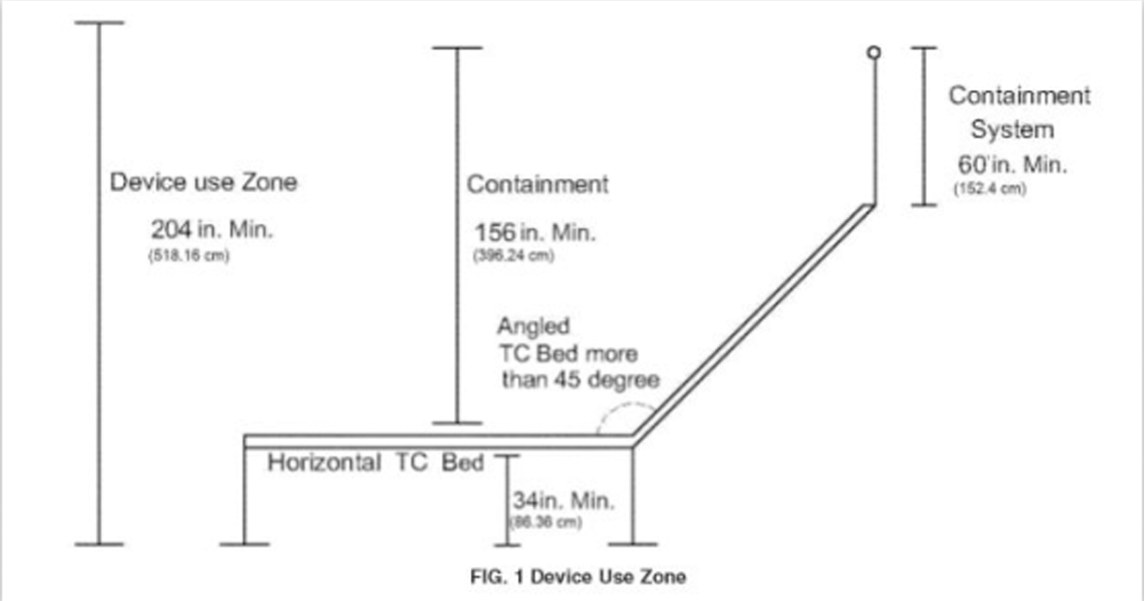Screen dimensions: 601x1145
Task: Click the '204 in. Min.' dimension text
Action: pyautogui.click(x=213, y=231)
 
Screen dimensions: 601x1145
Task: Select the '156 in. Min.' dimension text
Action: pyautogui.click(x=535, y=234)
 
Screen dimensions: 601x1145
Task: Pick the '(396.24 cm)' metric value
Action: pyautogui.click(x=512, y=257)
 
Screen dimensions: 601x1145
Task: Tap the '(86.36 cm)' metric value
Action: pyautogui.click(x=544, y=524)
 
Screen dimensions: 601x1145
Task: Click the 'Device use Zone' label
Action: pyautogui.click(x=203, y=182)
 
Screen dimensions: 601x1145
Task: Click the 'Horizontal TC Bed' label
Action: pyautogui.click(x=376, y=462)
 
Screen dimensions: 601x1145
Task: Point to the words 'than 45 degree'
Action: pyautogui.click(x=579, y=379)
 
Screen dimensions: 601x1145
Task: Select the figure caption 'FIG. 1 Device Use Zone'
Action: pyautogui.click(x=577, y=577)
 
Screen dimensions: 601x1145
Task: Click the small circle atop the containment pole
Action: pyautogui.click(x=873, y=52)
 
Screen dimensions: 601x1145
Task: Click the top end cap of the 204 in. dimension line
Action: pyautogui.click(x=99, y=22)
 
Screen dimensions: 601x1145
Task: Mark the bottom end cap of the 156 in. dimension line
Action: pyautogui.click(x=457, y=423)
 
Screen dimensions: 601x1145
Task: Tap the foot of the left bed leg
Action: pyautogui.click(x=244, y=544)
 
